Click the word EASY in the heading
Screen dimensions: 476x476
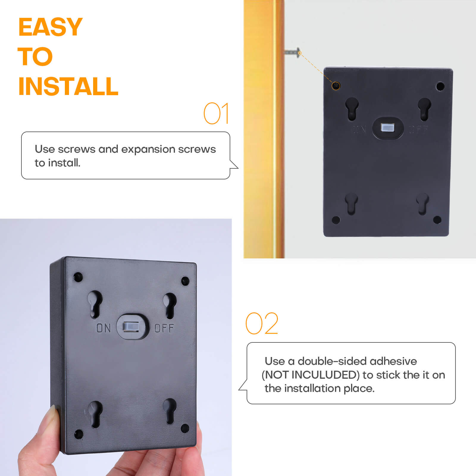click(50, 27)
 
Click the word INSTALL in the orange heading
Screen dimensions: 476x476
click(68, 87)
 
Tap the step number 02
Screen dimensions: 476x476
click(262, 324)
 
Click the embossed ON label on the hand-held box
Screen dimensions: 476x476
click(104, 328)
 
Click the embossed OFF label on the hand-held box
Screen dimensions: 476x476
click(164, 328)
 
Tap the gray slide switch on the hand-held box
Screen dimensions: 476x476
click(131, 326)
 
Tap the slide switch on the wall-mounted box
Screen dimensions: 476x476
click(387, 128)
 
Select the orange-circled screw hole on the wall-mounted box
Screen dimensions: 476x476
click(336, 86)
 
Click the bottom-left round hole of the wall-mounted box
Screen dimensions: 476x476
click(336, 220)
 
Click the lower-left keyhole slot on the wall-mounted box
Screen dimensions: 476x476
click(351, 203)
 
